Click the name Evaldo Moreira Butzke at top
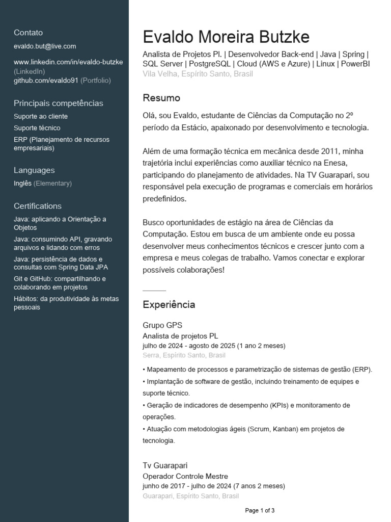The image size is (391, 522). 226,37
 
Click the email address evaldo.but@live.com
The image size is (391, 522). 45,46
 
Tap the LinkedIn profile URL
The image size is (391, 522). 68,62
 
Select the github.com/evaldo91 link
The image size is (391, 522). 46,81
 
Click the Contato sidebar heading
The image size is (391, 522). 29,33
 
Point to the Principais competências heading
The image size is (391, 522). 58,103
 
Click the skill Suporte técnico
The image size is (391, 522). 37,128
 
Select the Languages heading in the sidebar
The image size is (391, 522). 34,170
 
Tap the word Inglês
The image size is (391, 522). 22,184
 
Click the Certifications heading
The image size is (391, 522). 38,206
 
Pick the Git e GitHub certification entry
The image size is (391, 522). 60,283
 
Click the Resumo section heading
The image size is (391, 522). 161,98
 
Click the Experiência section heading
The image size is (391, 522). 169,305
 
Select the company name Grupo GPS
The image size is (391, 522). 162,325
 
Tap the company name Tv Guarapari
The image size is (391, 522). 165,465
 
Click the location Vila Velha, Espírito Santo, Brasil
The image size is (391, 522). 198,74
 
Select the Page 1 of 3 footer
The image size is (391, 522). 260,510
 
